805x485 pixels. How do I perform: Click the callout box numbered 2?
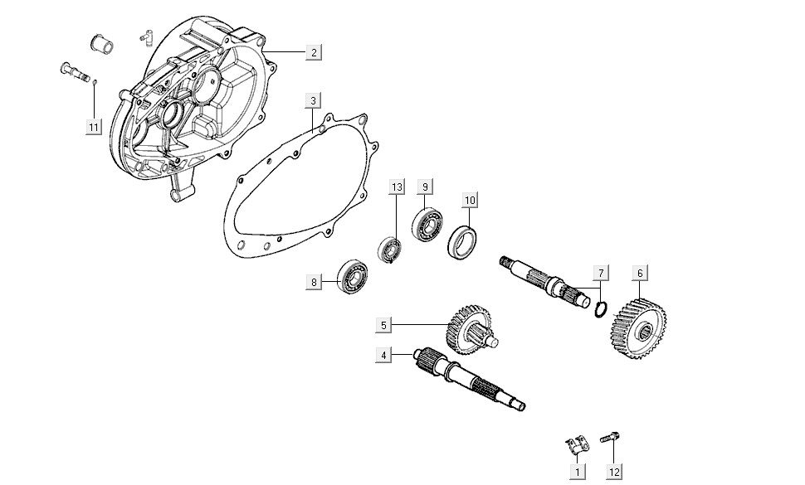[x=313, y=52]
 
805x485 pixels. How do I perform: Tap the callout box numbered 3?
[x=313, y=101]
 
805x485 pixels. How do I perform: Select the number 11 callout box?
[x=94, y=126]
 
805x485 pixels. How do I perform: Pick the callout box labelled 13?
[x=397, y=187]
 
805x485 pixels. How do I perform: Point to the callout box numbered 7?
[x=601, y=273]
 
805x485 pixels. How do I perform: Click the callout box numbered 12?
[x=613, y=472]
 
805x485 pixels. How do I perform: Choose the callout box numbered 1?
[x=575, y=472]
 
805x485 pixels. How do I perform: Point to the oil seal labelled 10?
[x=463, y=241]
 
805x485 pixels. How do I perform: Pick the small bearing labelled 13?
[x=389, y=249]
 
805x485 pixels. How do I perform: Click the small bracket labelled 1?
[x=574, y=444]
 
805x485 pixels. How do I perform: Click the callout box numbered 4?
[x=383, y=355]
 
